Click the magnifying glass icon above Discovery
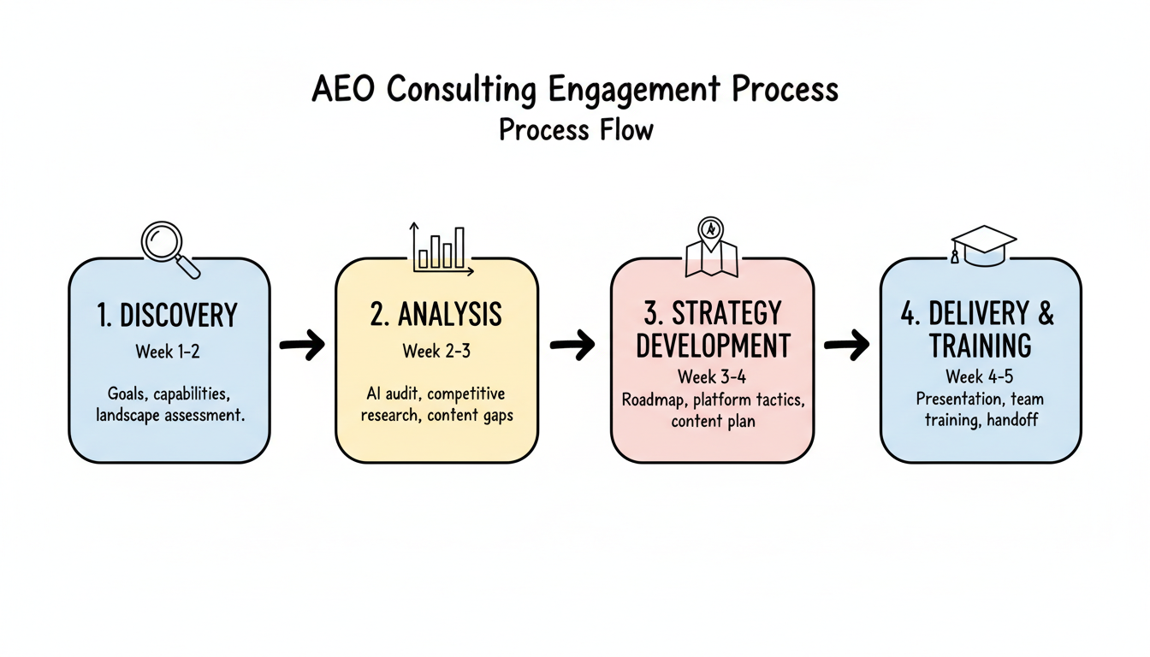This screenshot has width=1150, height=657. tap(169, 246)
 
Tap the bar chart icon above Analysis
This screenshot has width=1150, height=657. tap(442, 249)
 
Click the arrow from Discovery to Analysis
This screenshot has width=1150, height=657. tap(302, 346)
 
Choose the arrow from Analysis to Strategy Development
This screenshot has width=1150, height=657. tap(572, 346)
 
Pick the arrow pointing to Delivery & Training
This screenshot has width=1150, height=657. tap(846, 346)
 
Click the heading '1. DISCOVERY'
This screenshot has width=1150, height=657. tap(167, 316)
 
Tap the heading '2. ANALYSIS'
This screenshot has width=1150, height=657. tap(436, 314)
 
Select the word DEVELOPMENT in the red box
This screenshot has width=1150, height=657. tap(713, 345)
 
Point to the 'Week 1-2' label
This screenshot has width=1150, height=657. tap(169, 352)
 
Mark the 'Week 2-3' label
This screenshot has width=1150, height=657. tap(436, 351)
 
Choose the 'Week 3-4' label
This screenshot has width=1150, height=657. tap(712, 376)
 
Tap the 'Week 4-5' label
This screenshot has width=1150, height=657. tap(980, 376)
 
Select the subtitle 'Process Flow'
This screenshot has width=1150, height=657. tap(575, 129)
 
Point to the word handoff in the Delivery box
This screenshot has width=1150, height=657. tap(1013, 420)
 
